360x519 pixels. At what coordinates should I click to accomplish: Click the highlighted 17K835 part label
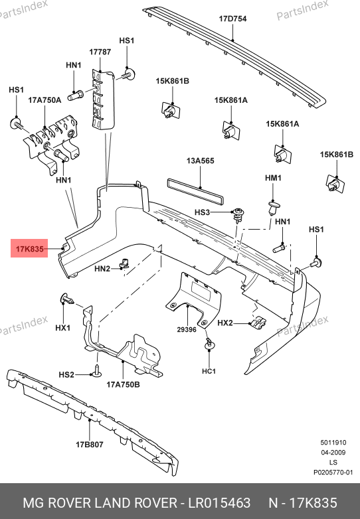click(x=29, y=249)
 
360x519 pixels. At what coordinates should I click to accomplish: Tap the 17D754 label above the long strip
click(x=232, y=19)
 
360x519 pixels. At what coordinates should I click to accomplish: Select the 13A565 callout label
click(x=201, y=161)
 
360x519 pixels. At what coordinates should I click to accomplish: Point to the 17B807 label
click(x=90, y=445)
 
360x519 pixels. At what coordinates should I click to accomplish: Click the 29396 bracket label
click(x=187, y=330)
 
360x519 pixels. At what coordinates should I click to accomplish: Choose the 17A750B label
click(x=123, y=385)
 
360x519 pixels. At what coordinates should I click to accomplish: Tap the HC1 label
click(x=209, y=372)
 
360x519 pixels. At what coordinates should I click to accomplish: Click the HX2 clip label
click(x=225, y=323)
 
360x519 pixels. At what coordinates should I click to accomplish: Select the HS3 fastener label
click(x=202, y=212)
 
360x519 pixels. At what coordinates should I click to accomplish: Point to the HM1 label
click(x=273, y=178)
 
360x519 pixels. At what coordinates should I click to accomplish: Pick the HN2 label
click(x=102, y=269)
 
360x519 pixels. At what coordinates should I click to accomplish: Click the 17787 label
click(x=100, y=52)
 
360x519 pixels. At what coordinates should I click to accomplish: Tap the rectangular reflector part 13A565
click(x=195, y=190)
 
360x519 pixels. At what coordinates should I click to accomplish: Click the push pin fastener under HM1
click(x=273, y=208)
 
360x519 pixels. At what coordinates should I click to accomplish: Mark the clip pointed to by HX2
click(x=258, y=322)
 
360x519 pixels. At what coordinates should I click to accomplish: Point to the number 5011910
click(x=333, y=443)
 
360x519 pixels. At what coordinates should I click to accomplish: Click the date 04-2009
click(x=333, y=453)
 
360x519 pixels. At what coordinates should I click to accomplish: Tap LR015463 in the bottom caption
click(x=219, y=503)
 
